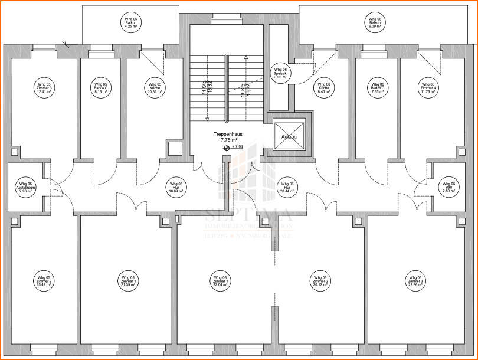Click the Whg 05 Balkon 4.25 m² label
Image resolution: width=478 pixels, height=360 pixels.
pyautogui.click(x=131, y=23)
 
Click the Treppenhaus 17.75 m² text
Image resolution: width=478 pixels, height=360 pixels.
pyautogui.click(x=227, y=137)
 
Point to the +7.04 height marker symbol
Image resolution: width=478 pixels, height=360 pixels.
pyautogui.click(x=226, y=148)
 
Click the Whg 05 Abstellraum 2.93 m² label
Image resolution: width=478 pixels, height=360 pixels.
pyautogui.click(x=25, y=187)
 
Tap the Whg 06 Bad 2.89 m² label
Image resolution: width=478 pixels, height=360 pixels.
pyautogui.click(x=450, y=187)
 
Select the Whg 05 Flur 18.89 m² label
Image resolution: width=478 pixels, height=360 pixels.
pyautogui.click(x=175, y=187)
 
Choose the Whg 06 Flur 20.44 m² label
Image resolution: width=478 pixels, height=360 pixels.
pyautogui.click(x=286, y=187)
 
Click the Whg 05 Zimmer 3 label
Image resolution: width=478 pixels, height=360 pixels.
pyautogui.click(x=44, y=88)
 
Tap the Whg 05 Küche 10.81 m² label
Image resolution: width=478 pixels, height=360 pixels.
pyautogui.click(x=155, y=88)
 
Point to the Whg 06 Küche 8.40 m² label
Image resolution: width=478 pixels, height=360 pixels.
pyautogui.click(x=323, y=88)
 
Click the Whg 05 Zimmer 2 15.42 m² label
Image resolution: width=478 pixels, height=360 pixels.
pyautogui.click(x=44, y=281)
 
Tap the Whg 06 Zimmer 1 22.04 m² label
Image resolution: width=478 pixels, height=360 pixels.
pyautogui.click(x=220, y=281)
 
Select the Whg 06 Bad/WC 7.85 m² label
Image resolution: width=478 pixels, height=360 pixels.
pyautogui.click(x=375, y=88)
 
